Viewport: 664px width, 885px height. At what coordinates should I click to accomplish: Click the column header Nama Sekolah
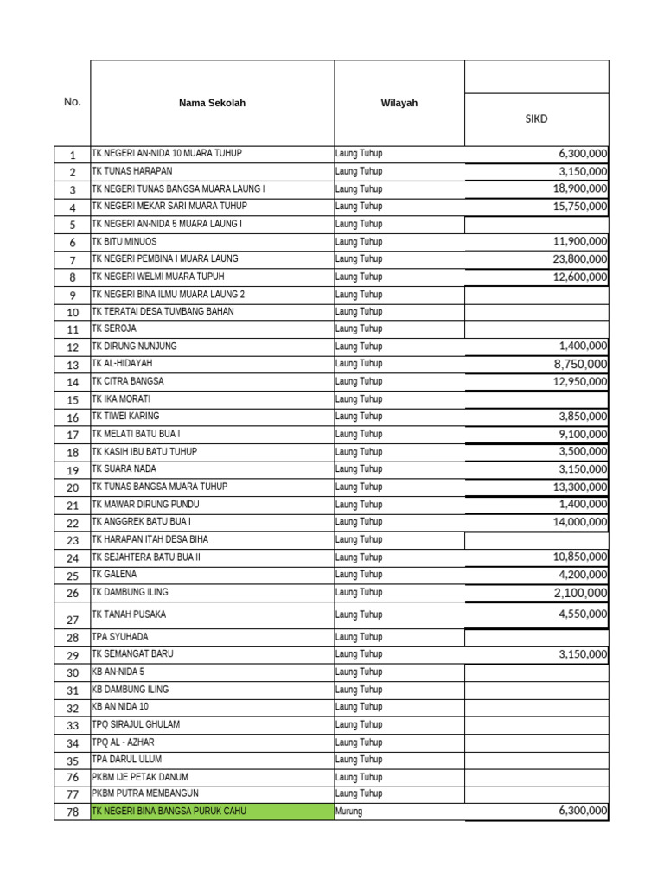click(x=212, y=103)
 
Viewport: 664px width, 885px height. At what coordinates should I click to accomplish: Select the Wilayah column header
click(x=399, y=103)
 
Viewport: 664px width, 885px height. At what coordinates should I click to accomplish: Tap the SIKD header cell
click(x=536, y=119)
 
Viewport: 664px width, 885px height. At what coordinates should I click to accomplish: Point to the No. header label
click(x=72, y=102)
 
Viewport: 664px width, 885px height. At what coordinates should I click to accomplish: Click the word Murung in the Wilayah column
click(x=348, y=812)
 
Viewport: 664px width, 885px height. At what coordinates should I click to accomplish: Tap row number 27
click(x=73, y=620)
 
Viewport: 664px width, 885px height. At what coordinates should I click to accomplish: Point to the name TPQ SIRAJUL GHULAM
click(x=136, y=724)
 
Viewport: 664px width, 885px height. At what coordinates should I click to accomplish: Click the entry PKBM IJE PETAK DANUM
click(x=140, y=777)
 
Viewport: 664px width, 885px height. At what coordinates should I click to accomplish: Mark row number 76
click(x=73, y=778)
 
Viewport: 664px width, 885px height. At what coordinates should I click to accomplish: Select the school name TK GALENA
click(x=114, y=574)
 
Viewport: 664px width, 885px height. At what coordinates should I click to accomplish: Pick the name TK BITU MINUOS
click(x=124, y=241)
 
